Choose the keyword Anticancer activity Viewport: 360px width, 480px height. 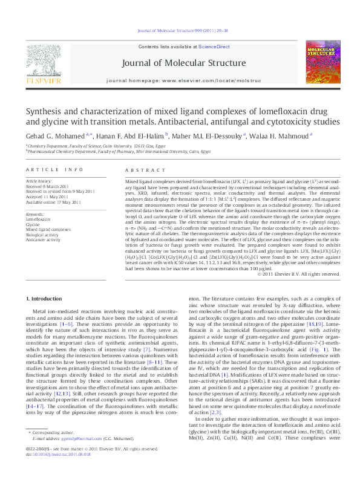[44, 239]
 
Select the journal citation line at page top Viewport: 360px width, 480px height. [180, 36]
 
